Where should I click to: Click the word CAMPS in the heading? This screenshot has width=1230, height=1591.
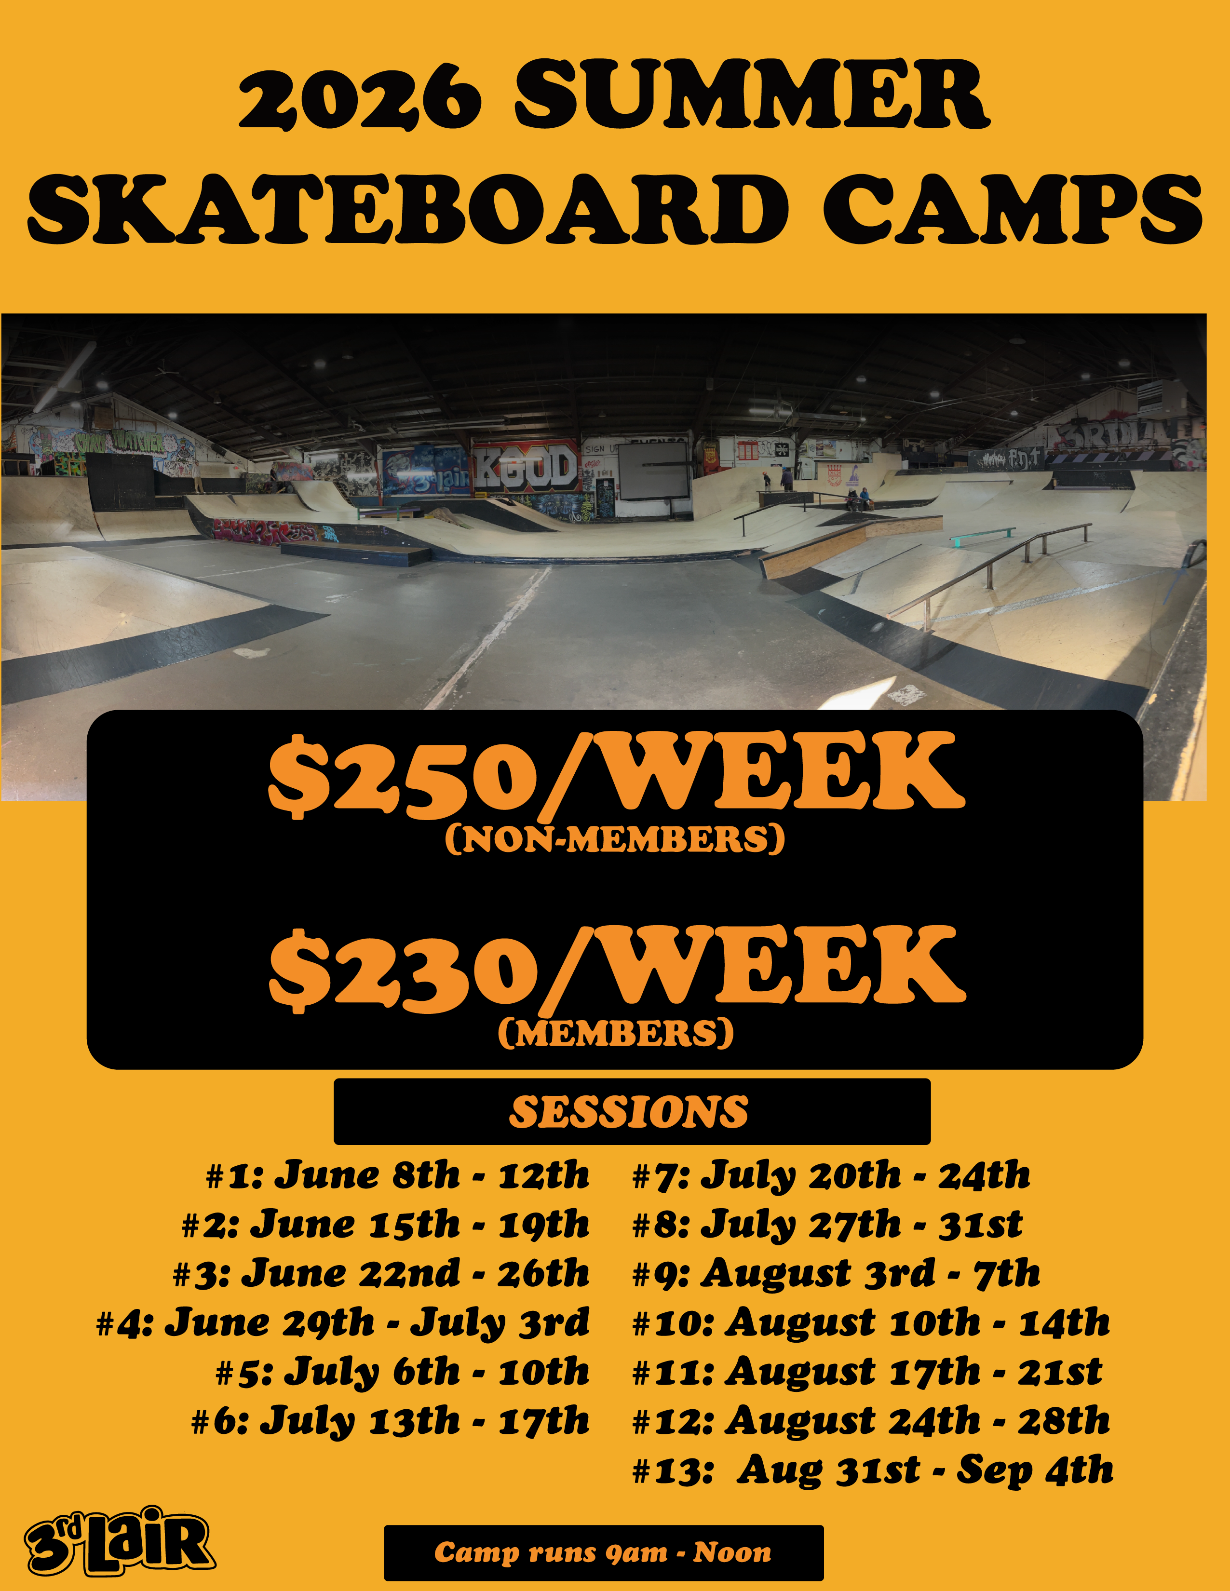[1013, 209]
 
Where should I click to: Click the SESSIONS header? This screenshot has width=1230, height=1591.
[629, 1112]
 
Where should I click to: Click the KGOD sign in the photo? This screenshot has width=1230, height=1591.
[527, 469]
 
